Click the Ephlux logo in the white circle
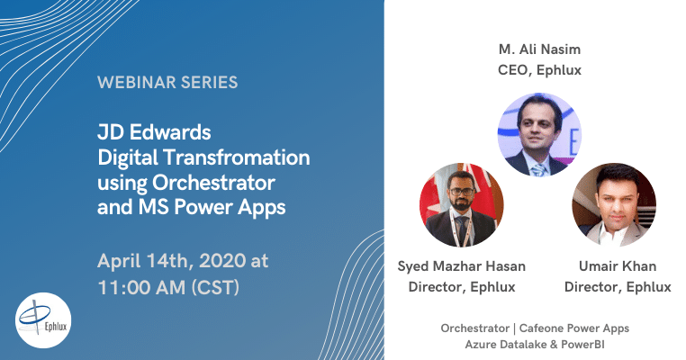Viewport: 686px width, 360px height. coord(43,320)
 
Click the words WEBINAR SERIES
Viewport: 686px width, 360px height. coord(167,82)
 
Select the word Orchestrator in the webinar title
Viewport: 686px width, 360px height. coord(213,183)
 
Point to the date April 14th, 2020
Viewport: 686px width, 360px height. coord(171,261)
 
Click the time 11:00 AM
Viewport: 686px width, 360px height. coord(141,287)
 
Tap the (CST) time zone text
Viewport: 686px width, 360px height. coord(215,288)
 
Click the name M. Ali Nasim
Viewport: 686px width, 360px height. coord(539,49)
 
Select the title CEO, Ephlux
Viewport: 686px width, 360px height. coord(539,70)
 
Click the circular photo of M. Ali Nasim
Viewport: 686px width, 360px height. coord(539,135)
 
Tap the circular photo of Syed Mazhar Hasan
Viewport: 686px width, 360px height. coord(462,205)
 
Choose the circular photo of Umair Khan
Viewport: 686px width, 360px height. coord(614,205)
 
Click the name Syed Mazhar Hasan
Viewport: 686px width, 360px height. coord(462,266)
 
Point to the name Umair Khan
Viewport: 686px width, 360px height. coord(618,266)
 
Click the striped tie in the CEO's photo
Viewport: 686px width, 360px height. coord(539,170)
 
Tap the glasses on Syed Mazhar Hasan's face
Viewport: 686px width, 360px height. coord(462,192)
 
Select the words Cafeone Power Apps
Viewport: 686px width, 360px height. coord(574,328)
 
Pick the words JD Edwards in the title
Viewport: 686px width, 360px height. coord(154,132)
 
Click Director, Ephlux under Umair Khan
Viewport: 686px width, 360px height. coord(618,287)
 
